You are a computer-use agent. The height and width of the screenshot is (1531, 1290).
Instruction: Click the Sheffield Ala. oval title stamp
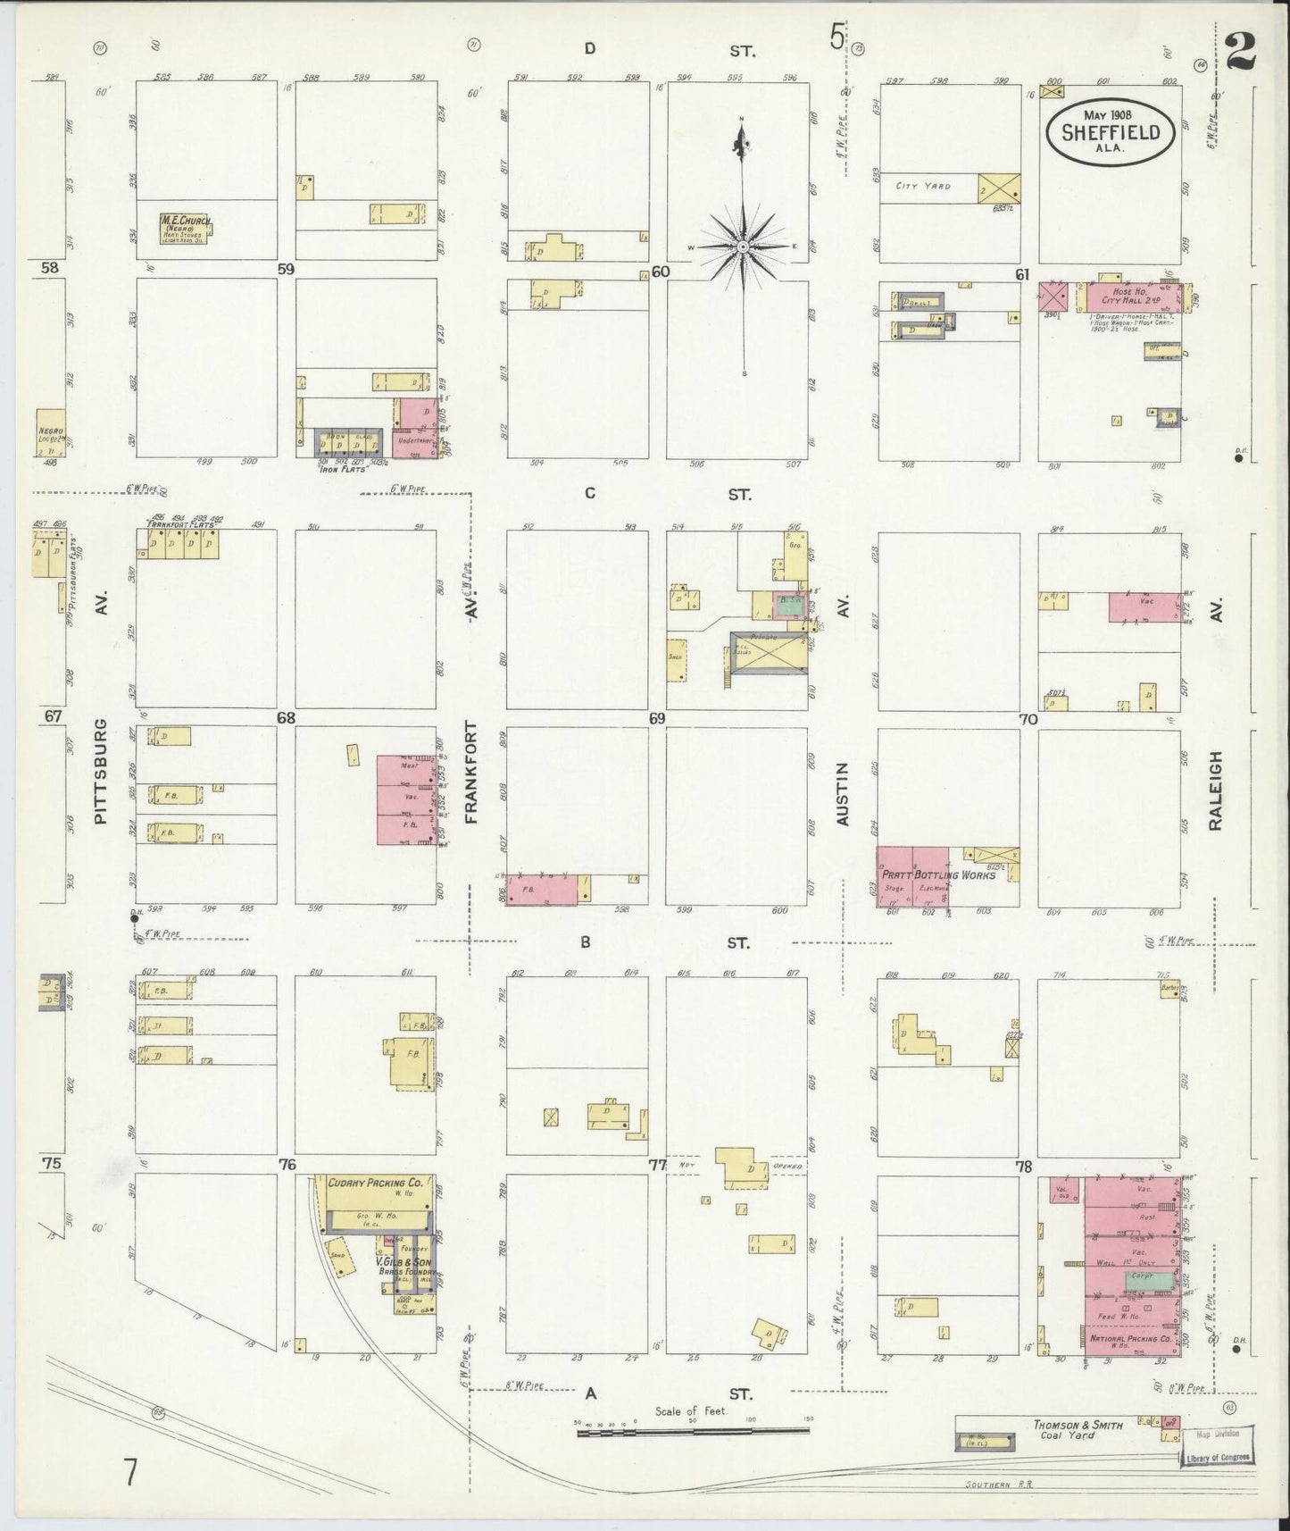pyautogui.click(x=1110, y=131)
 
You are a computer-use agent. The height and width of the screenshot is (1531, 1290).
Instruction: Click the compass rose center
pyautogui.click(x=743, y=246)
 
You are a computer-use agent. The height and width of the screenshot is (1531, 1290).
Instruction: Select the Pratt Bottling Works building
pyautogui.click(x=912, y=876)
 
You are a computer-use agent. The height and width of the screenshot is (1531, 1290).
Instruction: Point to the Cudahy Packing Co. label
pyautogui.click(x=368, y=1183)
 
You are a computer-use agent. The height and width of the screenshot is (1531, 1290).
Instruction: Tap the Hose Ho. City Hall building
pyautogui.click(x=1129, y=297)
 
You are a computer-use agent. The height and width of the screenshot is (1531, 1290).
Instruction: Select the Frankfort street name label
pyautogui.click(x=471, y=772)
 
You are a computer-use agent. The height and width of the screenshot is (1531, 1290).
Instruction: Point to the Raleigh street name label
pyautogui.click(x=1215, y=791)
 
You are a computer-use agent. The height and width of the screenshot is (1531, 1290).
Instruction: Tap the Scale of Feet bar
pyautogui.click(x=693, y=1430)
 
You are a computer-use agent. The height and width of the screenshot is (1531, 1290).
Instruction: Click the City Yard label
pyautogui.click(x=924, y=187)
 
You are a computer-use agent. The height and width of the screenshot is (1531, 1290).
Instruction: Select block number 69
pyautogui.click(x=657, y=717)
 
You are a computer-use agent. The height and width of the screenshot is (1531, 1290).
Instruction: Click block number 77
pyautogui.click(x=657, y=1165)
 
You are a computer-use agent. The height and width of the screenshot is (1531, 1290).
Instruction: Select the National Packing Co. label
pyautogui.click(x=1130, y=1339)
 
